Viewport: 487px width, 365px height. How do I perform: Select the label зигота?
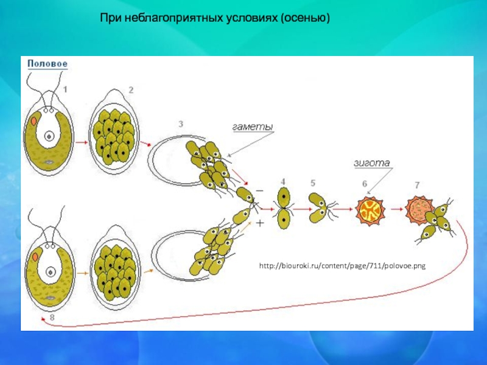(x=371, y=162)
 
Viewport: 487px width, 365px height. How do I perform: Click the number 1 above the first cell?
(x=65, y=89)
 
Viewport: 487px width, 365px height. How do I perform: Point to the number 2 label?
(x=130, y=90)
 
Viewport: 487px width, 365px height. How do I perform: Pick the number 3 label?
(x=181, y=124)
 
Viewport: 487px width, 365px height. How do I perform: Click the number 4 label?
(x=283, y=182)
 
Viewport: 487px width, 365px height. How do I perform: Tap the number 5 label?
(x=312, y=182)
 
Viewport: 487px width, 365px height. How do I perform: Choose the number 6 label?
(x=364, y=184)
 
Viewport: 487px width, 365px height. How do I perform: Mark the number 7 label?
(x=416, y=184)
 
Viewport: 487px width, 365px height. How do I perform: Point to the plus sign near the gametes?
(x=260, y=223)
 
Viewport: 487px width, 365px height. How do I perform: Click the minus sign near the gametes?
(x=259, y=190)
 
